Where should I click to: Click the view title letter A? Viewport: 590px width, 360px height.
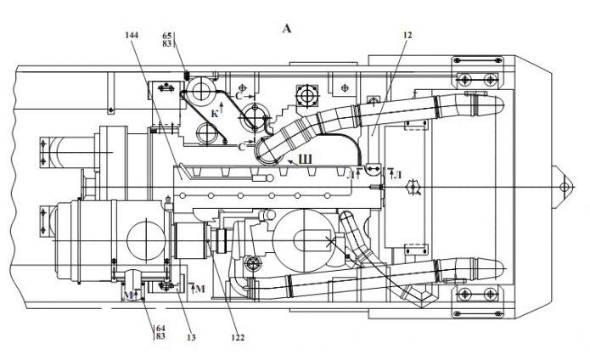click(x=286, y=28)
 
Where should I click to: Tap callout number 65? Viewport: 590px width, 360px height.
click(x=167, y=36)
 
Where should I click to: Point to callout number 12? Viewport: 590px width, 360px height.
click(x=408, y=36)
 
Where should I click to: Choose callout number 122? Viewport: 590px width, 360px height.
click(x=237, y=338)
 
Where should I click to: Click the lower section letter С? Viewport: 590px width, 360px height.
click(x=241, y=146)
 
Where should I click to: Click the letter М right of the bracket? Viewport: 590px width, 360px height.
click(x=199, y=290)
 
